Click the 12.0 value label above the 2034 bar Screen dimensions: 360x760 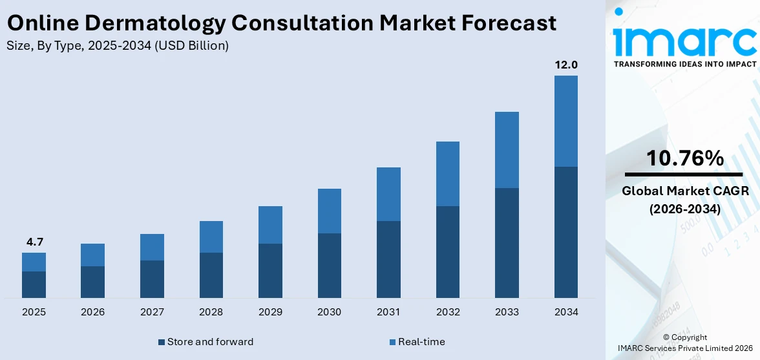565,65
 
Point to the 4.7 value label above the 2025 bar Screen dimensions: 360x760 34,242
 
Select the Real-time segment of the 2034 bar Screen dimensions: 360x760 565,121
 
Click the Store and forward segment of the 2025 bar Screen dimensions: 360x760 34,284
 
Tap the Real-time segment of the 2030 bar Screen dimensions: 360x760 329,211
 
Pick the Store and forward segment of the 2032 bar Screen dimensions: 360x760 447,252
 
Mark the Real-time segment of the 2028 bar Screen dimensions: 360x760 211,237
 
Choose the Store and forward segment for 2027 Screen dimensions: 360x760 152,279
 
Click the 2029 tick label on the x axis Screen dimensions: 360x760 270,312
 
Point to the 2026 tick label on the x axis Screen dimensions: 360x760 92,312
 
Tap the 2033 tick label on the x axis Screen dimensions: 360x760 507,312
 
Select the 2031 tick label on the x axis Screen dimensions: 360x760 388,312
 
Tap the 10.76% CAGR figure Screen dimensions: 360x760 685,158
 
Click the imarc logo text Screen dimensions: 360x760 685,40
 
